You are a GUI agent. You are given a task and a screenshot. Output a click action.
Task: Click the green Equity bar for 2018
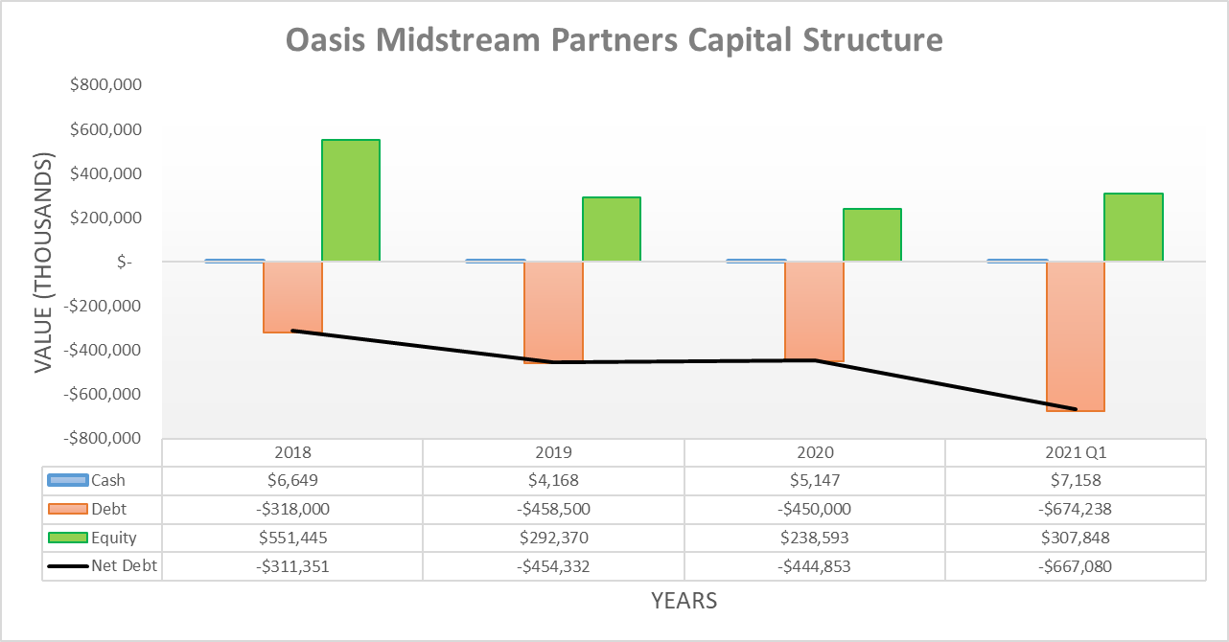[351, 200]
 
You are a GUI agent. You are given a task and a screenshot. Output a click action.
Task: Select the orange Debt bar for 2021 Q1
[1076, 335]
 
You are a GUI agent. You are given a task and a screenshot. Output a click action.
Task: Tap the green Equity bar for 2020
[872, 235]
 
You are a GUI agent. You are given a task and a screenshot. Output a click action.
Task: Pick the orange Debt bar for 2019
[553, 311]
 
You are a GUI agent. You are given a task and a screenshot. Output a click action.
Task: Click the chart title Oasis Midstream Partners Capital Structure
[614, 40]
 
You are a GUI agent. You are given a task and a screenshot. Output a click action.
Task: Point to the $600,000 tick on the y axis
[106, 129]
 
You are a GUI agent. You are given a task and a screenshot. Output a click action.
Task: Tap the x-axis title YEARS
[684, 601]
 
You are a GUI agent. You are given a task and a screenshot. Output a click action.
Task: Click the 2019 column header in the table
[553, 452]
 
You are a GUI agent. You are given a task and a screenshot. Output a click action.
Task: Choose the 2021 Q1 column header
[1076, 452]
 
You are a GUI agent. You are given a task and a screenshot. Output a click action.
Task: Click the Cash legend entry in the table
[107, 480]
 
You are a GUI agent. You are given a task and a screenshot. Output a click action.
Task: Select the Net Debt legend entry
[124, 566]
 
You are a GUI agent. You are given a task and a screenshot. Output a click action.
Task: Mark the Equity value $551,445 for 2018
[292, 538]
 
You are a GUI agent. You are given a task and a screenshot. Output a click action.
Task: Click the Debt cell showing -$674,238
[1076, 509]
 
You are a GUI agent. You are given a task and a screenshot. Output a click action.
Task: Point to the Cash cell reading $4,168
[553, 480]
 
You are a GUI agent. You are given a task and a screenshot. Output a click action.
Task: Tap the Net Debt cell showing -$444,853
[815, 566]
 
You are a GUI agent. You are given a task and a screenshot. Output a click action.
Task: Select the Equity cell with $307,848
[1076, 538]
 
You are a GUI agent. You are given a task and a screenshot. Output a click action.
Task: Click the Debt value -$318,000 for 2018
[292, 509]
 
